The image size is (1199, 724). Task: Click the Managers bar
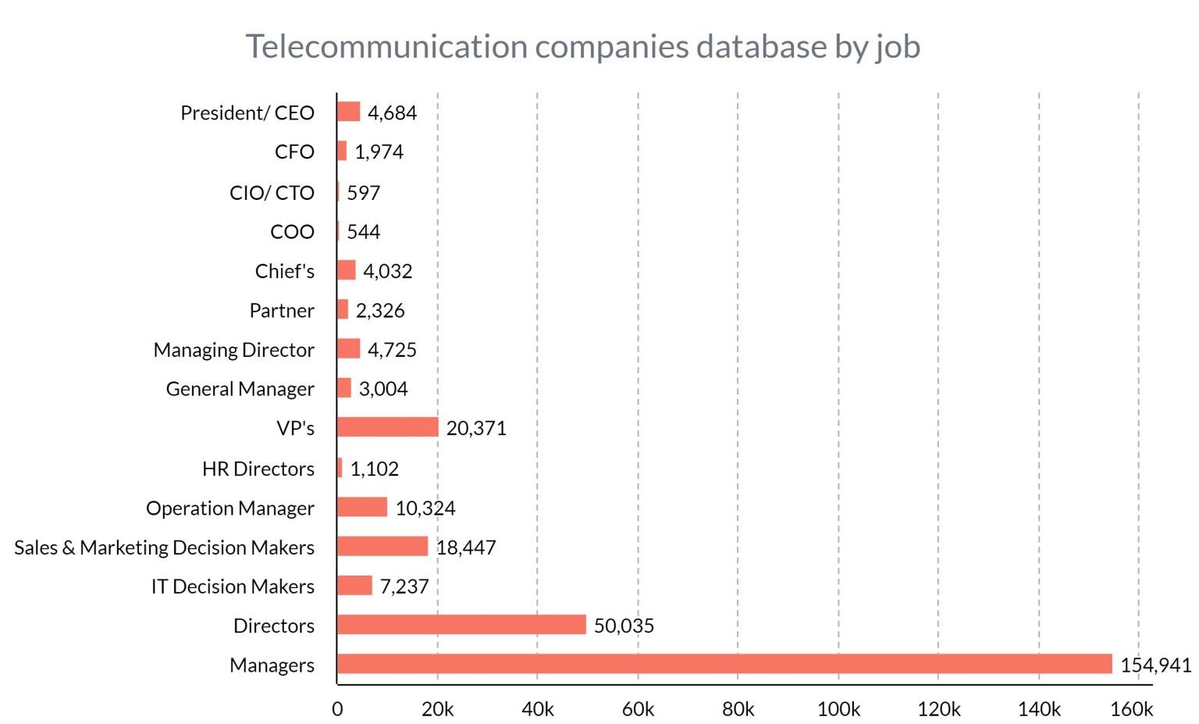point(724,664)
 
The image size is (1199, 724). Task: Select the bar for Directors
point(461,625)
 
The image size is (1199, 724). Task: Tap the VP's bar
point(387,427)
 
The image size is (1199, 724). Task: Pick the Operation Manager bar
point(362,507)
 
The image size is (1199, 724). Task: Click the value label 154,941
point(1155,665)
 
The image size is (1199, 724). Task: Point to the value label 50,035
point(624,626)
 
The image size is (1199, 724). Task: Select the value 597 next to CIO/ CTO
point(363,192)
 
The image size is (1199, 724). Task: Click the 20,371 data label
point(476,428)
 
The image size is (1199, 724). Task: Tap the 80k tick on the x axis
point(738,709)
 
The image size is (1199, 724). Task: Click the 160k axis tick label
point(1131,709)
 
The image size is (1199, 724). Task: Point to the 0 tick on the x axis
point(337,709)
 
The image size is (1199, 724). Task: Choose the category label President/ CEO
point(247,113)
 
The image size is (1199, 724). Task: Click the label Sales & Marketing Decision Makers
point(164,547)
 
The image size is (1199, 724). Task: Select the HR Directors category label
point(258,469)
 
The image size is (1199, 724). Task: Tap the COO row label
point(292,232)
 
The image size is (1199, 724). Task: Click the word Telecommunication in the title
point(386,47)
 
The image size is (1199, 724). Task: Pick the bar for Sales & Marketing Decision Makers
point(382,546)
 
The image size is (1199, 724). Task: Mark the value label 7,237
point(404,587)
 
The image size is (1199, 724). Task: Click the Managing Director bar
point(348,348)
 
